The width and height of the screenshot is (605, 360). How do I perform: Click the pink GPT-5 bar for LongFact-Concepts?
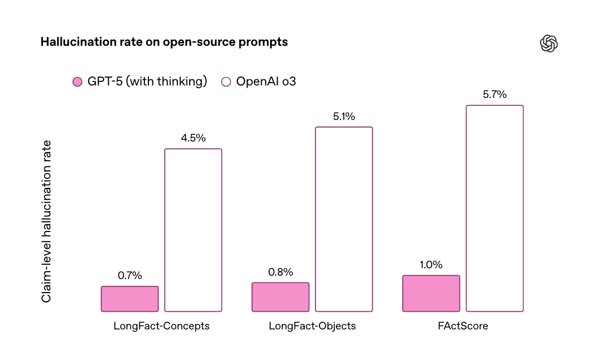pyautogui.click(x=130, y=299)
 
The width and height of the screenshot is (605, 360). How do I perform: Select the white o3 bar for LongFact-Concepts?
pyautogui.click(x=193, y=230)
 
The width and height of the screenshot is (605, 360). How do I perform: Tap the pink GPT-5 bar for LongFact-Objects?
pyautogui.click(x=280, y=297)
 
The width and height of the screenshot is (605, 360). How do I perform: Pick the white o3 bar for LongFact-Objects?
pyautogui.click(x=344, y=219)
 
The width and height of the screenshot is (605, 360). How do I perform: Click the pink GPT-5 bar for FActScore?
pyautogui.click(x=431, y=293)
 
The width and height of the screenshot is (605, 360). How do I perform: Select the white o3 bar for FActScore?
pyautogui.click(x=495, y=208)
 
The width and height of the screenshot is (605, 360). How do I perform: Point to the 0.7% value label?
pyautogui.click(x=130, y=276)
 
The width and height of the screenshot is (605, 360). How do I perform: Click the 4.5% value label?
pyautogui.click(x=193, y=138)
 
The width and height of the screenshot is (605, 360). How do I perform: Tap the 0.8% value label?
pyautogui.click(x=280, y=272)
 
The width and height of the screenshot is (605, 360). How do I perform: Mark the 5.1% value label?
pyautogui.click(x=344, y=117)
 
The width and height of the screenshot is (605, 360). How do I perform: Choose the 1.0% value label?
pyautogui.click(x=431, y=265)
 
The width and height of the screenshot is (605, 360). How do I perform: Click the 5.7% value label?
pyautogui.click(x=495, y=95)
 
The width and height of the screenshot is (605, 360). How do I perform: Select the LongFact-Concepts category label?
pyautogui.click(x=161, y=326)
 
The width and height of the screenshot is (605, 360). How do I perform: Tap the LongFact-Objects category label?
pyautogui.click(x=312, y=326)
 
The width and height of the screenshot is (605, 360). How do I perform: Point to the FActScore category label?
pyautogui.click(x=463, y=326)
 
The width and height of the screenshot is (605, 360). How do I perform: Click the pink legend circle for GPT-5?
pyautogui.click(x=78, y=82)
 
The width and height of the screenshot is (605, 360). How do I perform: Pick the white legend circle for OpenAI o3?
pyautogui.click(x=226, y=82)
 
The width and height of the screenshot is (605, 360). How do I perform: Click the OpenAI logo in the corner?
pyautogui.click(x=549, y=43)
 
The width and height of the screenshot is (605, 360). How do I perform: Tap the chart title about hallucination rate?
pyautogui.click(x=164, y=42)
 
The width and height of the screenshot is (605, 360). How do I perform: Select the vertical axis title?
pyautogui.click(x=47, y=221)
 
